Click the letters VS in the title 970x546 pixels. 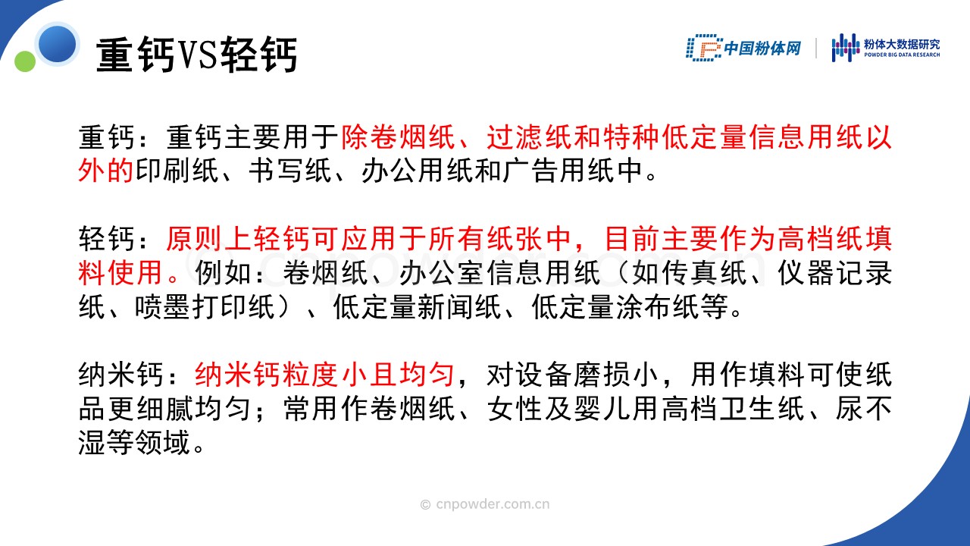point(196,55)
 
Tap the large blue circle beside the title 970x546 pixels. point(57,44)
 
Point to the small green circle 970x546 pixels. point(25,61)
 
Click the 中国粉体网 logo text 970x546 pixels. point(762,48)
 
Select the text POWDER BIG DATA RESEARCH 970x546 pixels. point(902,55)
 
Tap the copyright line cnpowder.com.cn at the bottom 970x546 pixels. point(485,504)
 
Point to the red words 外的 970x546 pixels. point(105,171)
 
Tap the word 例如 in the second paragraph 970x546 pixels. point(223,273)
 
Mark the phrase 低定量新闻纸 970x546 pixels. point(417,307)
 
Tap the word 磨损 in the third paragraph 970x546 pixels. point(602,375)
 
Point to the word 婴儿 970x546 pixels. point(602,409)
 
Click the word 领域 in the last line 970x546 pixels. point(163,443)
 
